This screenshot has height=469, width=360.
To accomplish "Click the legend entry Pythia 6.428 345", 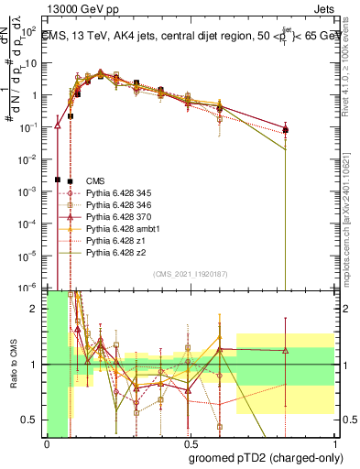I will (110, 192).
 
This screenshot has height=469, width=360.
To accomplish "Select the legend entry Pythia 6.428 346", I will (110, 204).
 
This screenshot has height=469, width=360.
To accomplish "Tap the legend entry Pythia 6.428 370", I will (110, 216).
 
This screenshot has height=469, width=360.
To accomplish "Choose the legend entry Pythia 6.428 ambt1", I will (113, 228).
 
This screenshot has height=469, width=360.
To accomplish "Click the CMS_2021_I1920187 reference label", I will (189, 273).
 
